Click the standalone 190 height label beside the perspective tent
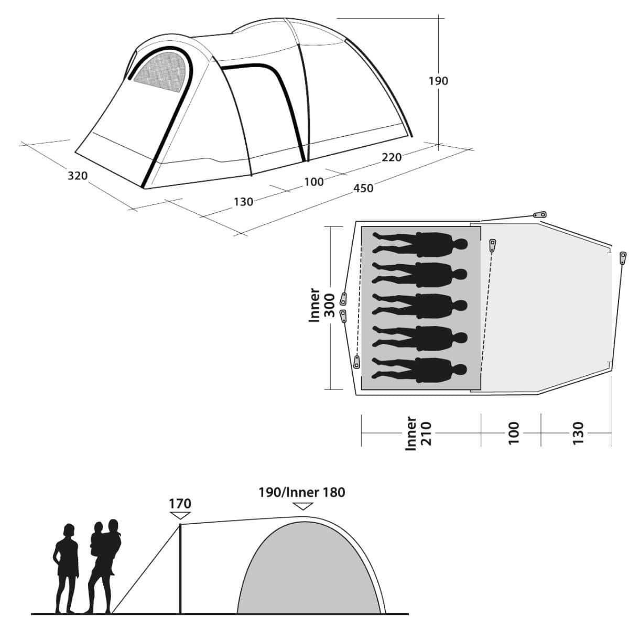click(438, 81)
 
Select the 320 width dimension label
click(78, 176)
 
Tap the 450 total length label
click(363, 188)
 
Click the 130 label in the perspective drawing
click(243, 201)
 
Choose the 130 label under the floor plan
click(578, 433)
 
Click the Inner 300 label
click(321, 305)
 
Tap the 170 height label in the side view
click(180, 504)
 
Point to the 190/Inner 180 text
click(301, 492)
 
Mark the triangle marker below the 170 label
click(180, 516)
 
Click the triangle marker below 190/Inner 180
click(303, 506)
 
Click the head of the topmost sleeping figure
click(460, 244)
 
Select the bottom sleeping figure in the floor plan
click(419, 368)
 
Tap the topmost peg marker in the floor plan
click(539, 214)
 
